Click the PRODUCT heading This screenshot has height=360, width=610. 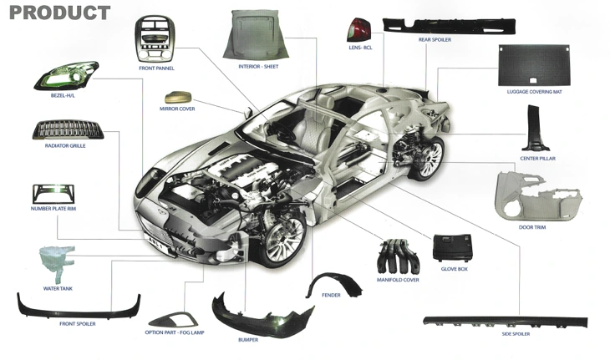(59, 13)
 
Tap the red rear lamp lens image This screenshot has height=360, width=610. (359, 29)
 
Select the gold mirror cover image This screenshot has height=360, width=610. (178, 97)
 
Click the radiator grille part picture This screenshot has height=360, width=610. (68, 129)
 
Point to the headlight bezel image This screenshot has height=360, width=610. (66, 75)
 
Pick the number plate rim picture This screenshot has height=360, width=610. (53, 194)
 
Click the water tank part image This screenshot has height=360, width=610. (57, 264)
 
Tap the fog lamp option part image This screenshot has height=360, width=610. (174, 319)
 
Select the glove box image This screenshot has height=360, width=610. (453, 247)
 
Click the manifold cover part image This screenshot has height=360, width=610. (398, 257)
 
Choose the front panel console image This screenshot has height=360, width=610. (155, 39)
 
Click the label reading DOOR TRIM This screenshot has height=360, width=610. (531, 227)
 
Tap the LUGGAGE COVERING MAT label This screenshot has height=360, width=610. (534, 92)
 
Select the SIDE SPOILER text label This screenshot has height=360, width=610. (516, 334)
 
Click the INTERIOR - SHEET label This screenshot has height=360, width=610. (258, 67)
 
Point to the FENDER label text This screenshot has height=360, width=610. (331, 295)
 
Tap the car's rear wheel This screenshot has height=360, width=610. (429, 159)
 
